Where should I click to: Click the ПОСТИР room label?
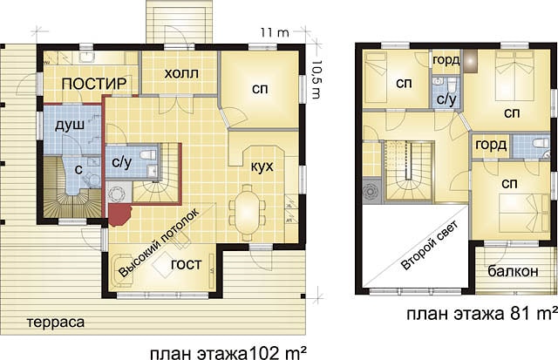(94, 84)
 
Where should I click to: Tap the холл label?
(181, 73)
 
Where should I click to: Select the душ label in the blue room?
(70, 126)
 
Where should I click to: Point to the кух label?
(262, 166)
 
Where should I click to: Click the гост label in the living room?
(186, 264)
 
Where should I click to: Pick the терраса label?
(56, 323)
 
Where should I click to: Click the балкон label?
(513, 271)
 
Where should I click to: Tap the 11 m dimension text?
(275, 33)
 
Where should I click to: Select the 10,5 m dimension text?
(316, 78)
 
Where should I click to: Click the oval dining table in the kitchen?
(248, 212)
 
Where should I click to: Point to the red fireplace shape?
(120, 215)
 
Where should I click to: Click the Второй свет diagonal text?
(429, 246)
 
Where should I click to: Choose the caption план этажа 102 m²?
(228, 354)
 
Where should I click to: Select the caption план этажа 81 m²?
(482, 314)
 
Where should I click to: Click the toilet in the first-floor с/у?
(148, 155)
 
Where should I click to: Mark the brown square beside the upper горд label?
(470, 62)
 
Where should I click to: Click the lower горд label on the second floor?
(491, 145)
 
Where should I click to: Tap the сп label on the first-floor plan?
(260, 89)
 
